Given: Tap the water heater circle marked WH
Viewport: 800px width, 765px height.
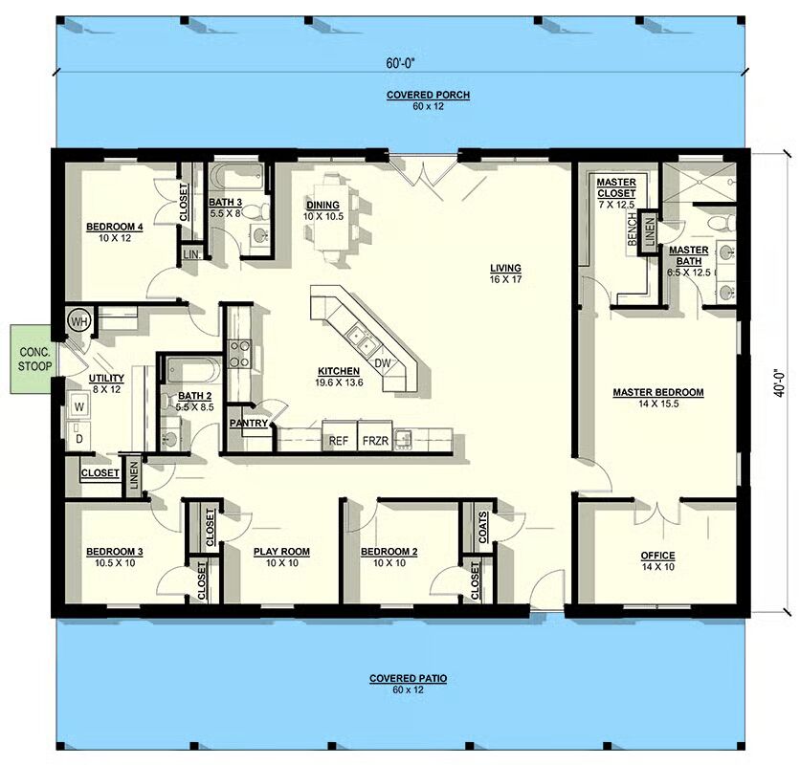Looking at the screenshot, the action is coord(79,321).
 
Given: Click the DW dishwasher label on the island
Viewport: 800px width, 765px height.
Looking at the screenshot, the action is coord(382,363).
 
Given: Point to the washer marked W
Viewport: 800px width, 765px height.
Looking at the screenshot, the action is coord(79,406).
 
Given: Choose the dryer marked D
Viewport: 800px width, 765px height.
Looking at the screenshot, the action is coord(79,437).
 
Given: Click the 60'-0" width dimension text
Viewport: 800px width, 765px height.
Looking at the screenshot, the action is coord(399,63).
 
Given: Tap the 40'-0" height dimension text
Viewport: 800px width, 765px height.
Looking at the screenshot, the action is coord(779,382).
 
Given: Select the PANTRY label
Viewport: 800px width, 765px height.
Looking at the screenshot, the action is coord(249,423).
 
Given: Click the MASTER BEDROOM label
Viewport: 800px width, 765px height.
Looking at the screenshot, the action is coord(658,392).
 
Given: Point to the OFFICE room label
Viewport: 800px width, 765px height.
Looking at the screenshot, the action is coord(657,556).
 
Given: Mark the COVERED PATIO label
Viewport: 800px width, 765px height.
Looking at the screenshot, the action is coord(409,678).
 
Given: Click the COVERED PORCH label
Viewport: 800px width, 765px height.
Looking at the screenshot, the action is coord(428,95).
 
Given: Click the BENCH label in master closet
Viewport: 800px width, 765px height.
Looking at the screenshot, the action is coord(633,229).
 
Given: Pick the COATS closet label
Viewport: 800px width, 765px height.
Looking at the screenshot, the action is coord(482,527).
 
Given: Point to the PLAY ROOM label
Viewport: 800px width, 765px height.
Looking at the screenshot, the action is coord(281,552).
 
